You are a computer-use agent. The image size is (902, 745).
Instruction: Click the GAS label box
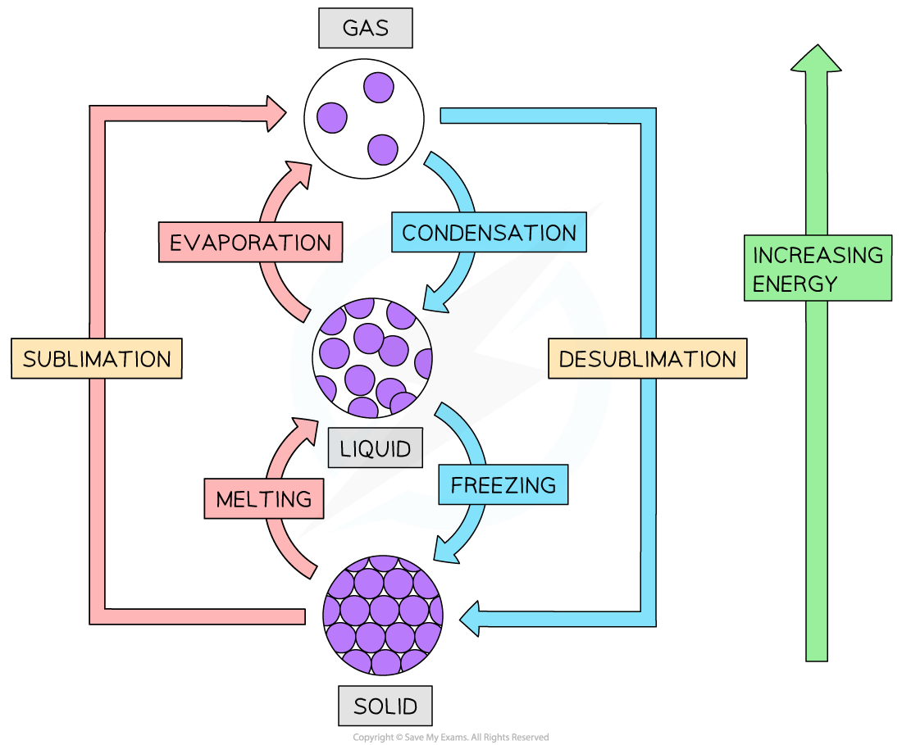coord(365,30)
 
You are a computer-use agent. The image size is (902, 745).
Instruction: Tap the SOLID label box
coord(385,706)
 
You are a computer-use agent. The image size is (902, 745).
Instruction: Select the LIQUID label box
coord(375,448)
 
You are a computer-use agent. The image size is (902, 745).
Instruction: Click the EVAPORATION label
coord(250,243)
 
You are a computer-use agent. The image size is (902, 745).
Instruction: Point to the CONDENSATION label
coord(489,233)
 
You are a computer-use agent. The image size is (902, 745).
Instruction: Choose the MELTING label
coord(263,498)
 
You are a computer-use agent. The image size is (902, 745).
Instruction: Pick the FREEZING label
coord(503,484)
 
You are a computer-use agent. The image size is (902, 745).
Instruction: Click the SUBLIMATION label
coord(97,359)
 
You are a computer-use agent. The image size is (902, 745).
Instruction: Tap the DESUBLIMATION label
coord(647,359)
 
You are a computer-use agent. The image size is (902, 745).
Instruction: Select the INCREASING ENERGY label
coord(818,270)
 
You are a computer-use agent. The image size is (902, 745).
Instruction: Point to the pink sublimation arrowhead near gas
coord(274,114)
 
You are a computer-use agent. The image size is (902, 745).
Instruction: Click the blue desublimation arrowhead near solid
coord(470,617)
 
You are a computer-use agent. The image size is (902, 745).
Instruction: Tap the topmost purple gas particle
coord(379,86)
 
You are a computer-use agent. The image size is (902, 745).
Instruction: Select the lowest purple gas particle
coord(382,149)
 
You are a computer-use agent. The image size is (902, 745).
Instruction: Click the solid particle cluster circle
coord(383,614)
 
